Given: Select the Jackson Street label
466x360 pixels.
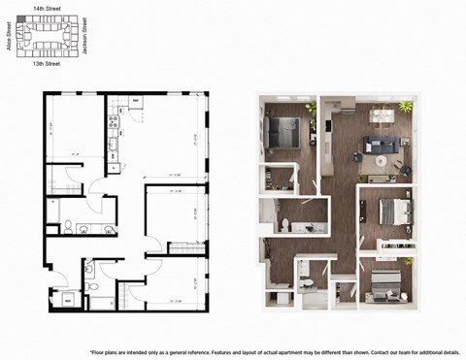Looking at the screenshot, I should coord(85,35).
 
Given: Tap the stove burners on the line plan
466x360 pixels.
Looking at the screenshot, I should coord(114,125).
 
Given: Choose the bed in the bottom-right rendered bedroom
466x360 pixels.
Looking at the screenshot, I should coord(385,281).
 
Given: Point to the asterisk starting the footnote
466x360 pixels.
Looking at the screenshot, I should coord(90,350).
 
